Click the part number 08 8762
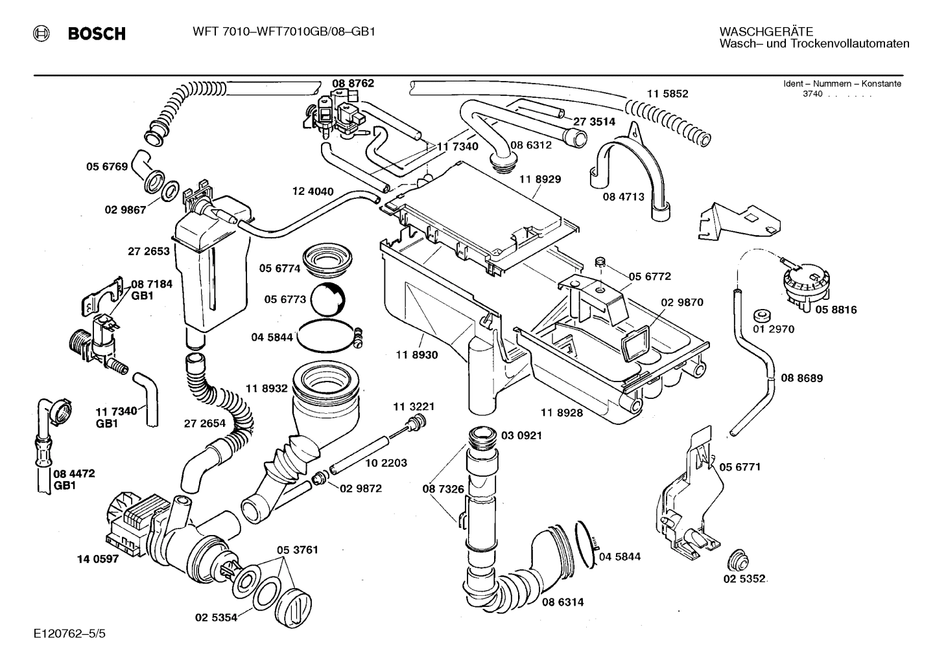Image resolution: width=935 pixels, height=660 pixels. tap(353, 84)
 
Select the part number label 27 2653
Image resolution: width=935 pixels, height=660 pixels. tap(148, 251)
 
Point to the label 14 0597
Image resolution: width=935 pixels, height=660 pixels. tap(97, 559)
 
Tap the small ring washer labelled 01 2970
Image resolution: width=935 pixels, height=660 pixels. tap(762, 316)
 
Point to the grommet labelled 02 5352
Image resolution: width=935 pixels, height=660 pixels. tap(737, 559)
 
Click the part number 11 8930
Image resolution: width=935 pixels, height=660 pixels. tap(417, 355)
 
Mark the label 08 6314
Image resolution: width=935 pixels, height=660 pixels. tap(562, 602)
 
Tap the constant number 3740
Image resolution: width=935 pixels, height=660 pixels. tap(812, 95)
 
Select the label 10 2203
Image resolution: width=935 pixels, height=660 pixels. tap(386, 462)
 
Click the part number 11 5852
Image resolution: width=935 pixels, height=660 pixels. tap(667, 94)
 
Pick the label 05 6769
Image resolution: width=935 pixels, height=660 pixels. tap(107, 167)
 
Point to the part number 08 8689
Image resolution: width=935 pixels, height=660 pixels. tap(801, 378)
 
